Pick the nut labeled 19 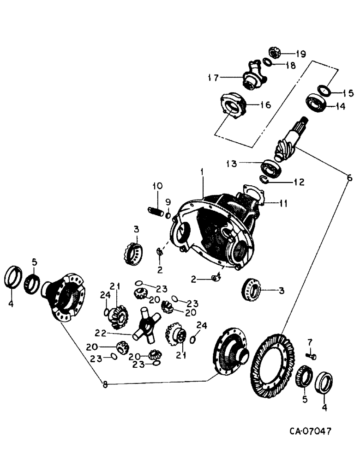[274, 53]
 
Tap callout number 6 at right [349, 177]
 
